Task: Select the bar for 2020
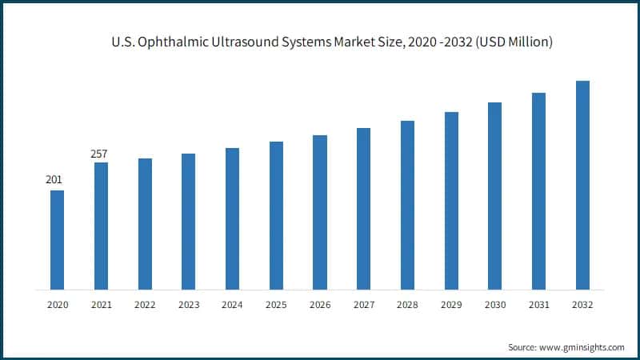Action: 57,240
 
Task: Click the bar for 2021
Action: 101,226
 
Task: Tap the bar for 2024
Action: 232,218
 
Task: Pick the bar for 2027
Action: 363,209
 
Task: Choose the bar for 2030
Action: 494,196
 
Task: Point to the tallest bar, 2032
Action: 582,185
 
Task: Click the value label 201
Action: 54,179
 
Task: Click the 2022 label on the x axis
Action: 145,305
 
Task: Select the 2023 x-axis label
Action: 189,305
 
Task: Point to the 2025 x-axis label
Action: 276,305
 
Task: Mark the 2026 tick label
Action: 320,305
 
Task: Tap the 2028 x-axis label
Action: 407,305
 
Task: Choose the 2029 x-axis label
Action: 451,305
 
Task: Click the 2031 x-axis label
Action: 538,305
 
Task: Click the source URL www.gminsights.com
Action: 582,347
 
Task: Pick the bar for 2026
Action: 320,212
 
